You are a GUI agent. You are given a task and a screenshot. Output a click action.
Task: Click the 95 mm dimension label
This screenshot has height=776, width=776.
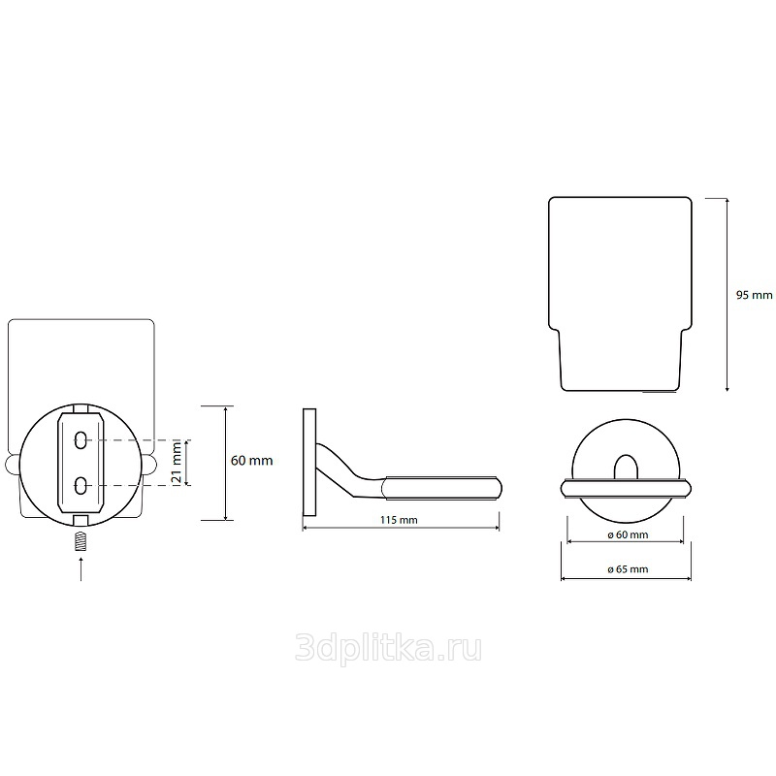pos(755,295)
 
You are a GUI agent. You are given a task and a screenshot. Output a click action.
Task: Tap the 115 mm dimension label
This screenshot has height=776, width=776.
pos(399,520)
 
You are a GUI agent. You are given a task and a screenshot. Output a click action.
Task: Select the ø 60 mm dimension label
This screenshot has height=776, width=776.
pos(628,535)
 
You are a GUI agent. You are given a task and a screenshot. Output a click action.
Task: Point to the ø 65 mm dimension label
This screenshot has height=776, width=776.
pos(628,569)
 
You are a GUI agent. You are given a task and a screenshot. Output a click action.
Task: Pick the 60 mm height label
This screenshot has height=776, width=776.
pos(252,461)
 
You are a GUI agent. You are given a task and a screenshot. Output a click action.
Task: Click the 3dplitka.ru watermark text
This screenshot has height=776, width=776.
pos(388,648)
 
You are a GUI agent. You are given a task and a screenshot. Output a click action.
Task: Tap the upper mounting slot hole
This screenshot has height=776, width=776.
pos(81,439)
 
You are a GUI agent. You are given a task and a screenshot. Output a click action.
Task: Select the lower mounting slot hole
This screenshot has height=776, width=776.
pos(81,485)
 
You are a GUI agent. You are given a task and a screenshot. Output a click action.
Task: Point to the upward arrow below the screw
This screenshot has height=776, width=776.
pos(81,568)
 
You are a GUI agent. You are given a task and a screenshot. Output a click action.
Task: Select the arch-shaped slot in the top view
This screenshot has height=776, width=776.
pos(626,467)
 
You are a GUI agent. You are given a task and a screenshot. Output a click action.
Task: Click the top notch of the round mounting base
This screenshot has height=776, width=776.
pos(81,409)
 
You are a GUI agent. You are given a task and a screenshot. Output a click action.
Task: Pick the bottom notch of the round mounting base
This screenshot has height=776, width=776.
pos(81,520)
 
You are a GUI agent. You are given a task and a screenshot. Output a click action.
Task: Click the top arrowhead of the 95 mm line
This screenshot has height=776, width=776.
pos(727,200)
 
